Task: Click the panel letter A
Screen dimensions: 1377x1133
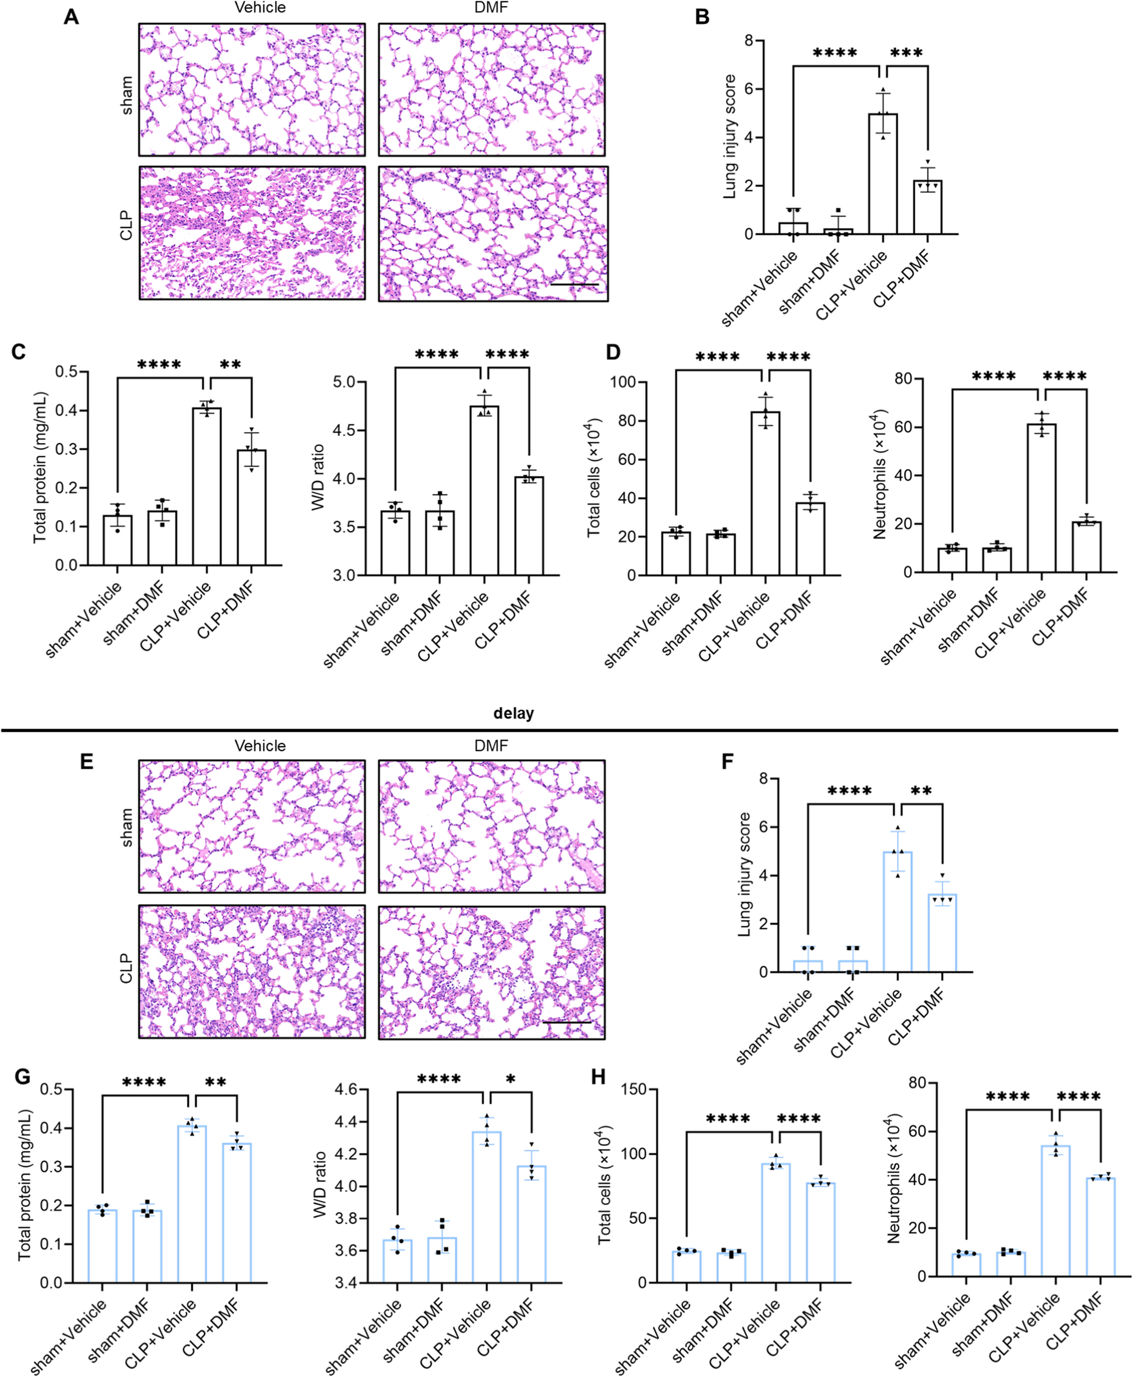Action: click(71, 17)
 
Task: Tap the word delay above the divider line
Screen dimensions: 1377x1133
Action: click(513, 714)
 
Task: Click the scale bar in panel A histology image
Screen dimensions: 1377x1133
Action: click(574, 284)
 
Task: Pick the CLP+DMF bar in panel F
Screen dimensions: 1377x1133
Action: click(942, 933)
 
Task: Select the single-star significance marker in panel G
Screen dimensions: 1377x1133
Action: click(510, 1079)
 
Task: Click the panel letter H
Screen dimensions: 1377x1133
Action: click(598, 1076)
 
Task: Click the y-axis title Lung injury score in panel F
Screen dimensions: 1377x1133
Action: click(744, 874)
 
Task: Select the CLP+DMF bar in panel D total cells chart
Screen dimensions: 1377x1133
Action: click(810, 538)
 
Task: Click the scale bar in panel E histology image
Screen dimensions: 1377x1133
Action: click(566, 1022)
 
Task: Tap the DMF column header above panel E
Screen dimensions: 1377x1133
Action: click(491, 746)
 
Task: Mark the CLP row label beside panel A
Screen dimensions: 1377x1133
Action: click(126, 225)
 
